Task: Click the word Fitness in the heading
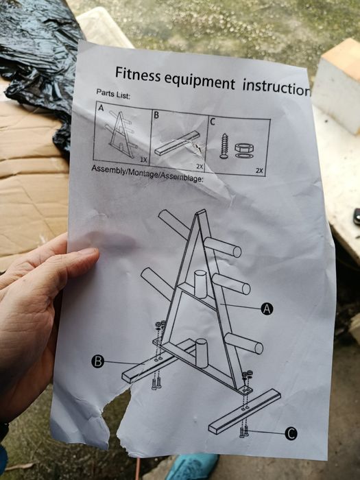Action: (138, 74)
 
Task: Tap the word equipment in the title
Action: (200, 81)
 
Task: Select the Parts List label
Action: (113, 93)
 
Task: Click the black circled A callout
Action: (267, 309)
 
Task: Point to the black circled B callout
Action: (97, 361)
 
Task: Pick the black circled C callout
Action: (291, 433)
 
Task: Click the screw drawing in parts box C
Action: (224, 145)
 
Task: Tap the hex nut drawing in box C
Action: (244, 148)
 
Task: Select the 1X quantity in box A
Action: (143, 160)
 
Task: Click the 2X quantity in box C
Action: (259, 171)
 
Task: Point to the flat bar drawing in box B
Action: (177, 143)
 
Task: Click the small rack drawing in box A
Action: (121, 134)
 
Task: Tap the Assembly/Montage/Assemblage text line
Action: (147, 173)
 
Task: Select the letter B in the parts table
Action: (156, 115)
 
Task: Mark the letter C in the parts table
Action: (213, 122)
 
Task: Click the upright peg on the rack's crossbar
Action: (201, 284)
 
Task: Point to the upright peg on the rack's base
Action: (202, 353)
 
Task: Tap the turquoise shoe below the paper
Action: (192, 467)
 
